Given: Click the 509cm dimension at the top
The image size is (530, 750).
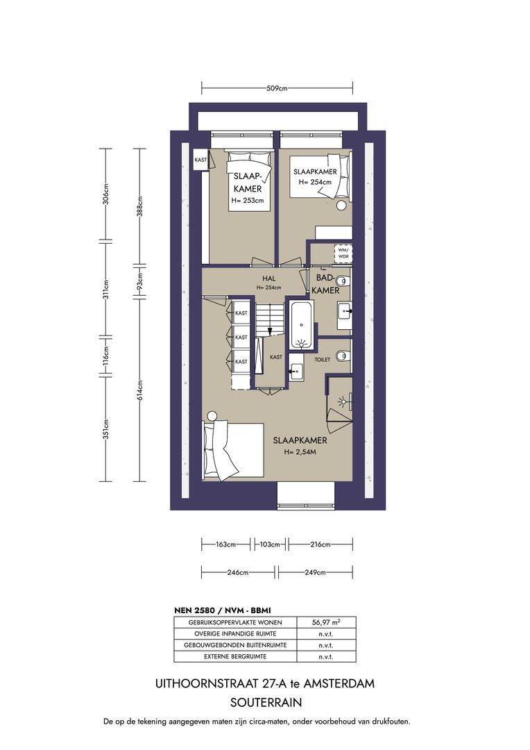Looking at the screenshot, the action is pos(277,88).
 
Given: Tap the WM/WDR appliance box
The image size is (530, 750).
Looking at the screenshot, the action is pos(343,253).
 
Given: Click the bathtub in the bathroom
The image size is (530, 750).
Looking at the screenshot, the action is pos(302,324).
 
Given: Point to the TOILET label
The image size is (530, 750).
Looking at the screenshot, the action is pos(322,359).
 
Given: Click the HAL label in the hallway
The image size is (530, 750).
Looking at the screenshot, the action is pos(268,278).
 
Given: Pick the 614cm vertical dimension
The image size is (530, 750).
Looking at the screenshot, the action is pos(139,390).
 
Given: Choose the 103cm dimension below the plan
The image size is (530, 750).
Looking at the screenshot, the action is pos(270,544).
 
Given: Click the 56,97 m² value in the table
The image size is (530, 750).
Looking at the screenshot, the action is pos(326,622).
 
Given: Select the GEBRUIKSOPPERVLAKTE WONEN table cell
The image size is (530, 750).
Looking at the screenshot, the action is pos(235,622).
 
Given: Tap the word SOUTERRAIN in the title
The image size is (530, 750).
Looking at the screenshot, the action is pos(266,703).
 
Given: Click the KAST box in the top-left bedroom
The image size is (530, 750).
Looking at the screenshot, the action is pos(200,160).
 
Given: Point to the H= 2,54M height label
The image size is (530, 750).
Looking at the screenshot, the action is pos(300,452).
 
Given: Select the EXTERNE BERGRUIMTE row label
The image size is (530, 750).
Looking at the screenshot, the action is pos(235,656).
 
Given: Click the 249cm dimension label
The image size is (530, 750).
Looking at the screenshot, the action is pos(315,572).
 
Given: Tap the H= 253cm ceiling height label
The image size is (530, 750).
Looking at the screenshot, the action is pos(248,201).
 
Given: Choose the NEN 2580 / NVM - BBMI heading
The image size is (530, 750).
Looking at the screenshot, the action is pos(223,610).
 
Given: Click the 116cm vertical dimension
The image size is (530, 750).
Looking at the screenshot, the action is pos(106,356).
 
